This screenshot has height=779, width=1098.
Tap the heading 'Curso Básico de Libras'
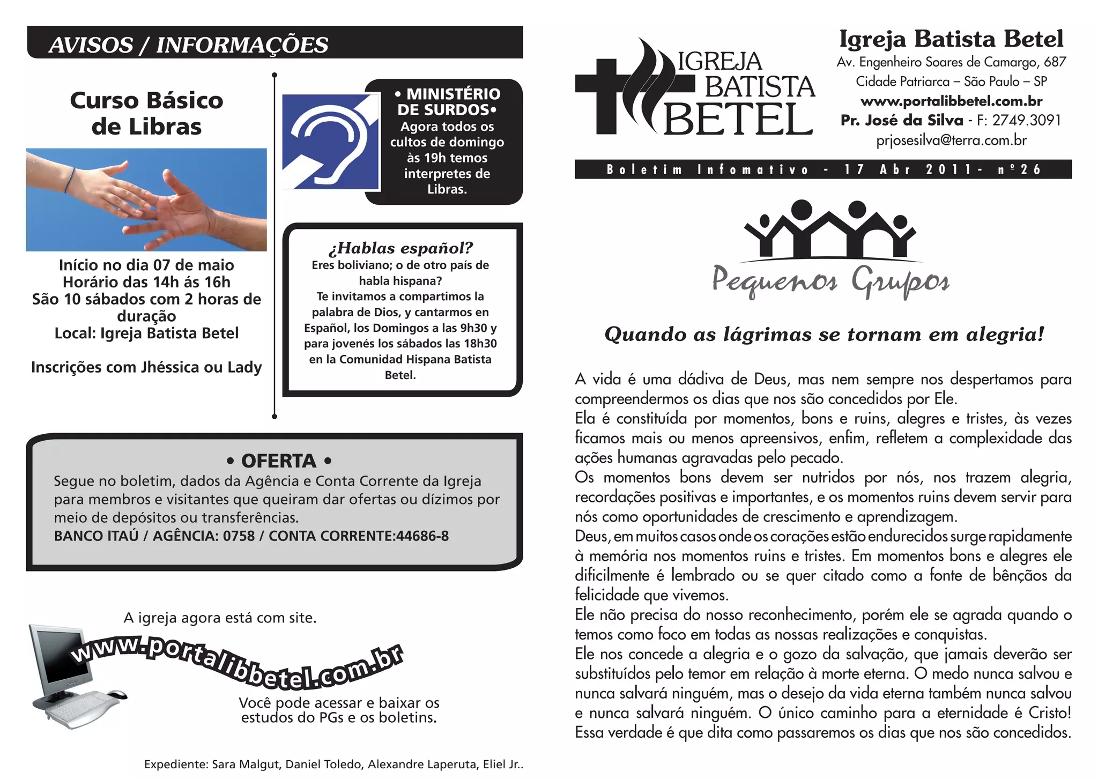tap(146, 114)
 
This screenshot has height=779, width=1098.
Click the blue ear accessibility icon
tap(330, 142)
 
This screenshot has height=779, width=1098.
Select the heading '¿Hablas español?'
tap(400, 248)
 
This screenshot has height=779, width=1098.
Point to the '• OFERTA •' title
tap(279, 461)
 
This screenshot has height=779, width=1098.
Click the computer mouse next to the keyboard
tap(116, 694)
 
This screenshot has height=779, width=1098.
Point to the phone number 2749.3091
tap(1026, 120)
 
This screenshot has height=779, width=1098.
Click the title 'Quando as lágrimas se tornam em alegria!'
tap(824, 335)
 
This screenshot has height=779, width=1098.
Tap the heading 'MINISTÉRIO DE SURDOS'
tap(447, 102)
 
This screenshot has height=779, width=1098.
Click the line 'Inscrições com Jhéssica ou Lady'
tap(146, 367)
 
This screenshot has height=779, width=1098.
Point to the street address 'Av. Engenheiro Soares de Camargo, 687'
tap(951, 62)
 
